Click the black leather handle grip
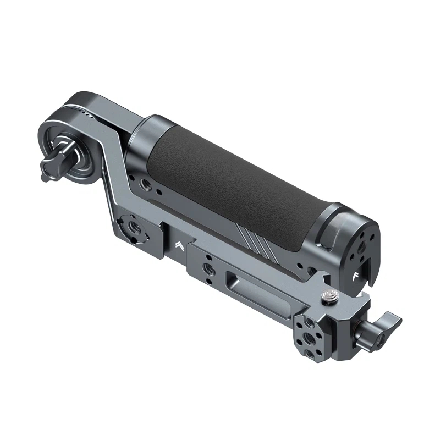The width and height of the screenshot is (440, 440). [231, 176]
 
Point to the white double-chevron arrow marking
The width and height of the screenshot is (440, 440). [179, 245]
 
